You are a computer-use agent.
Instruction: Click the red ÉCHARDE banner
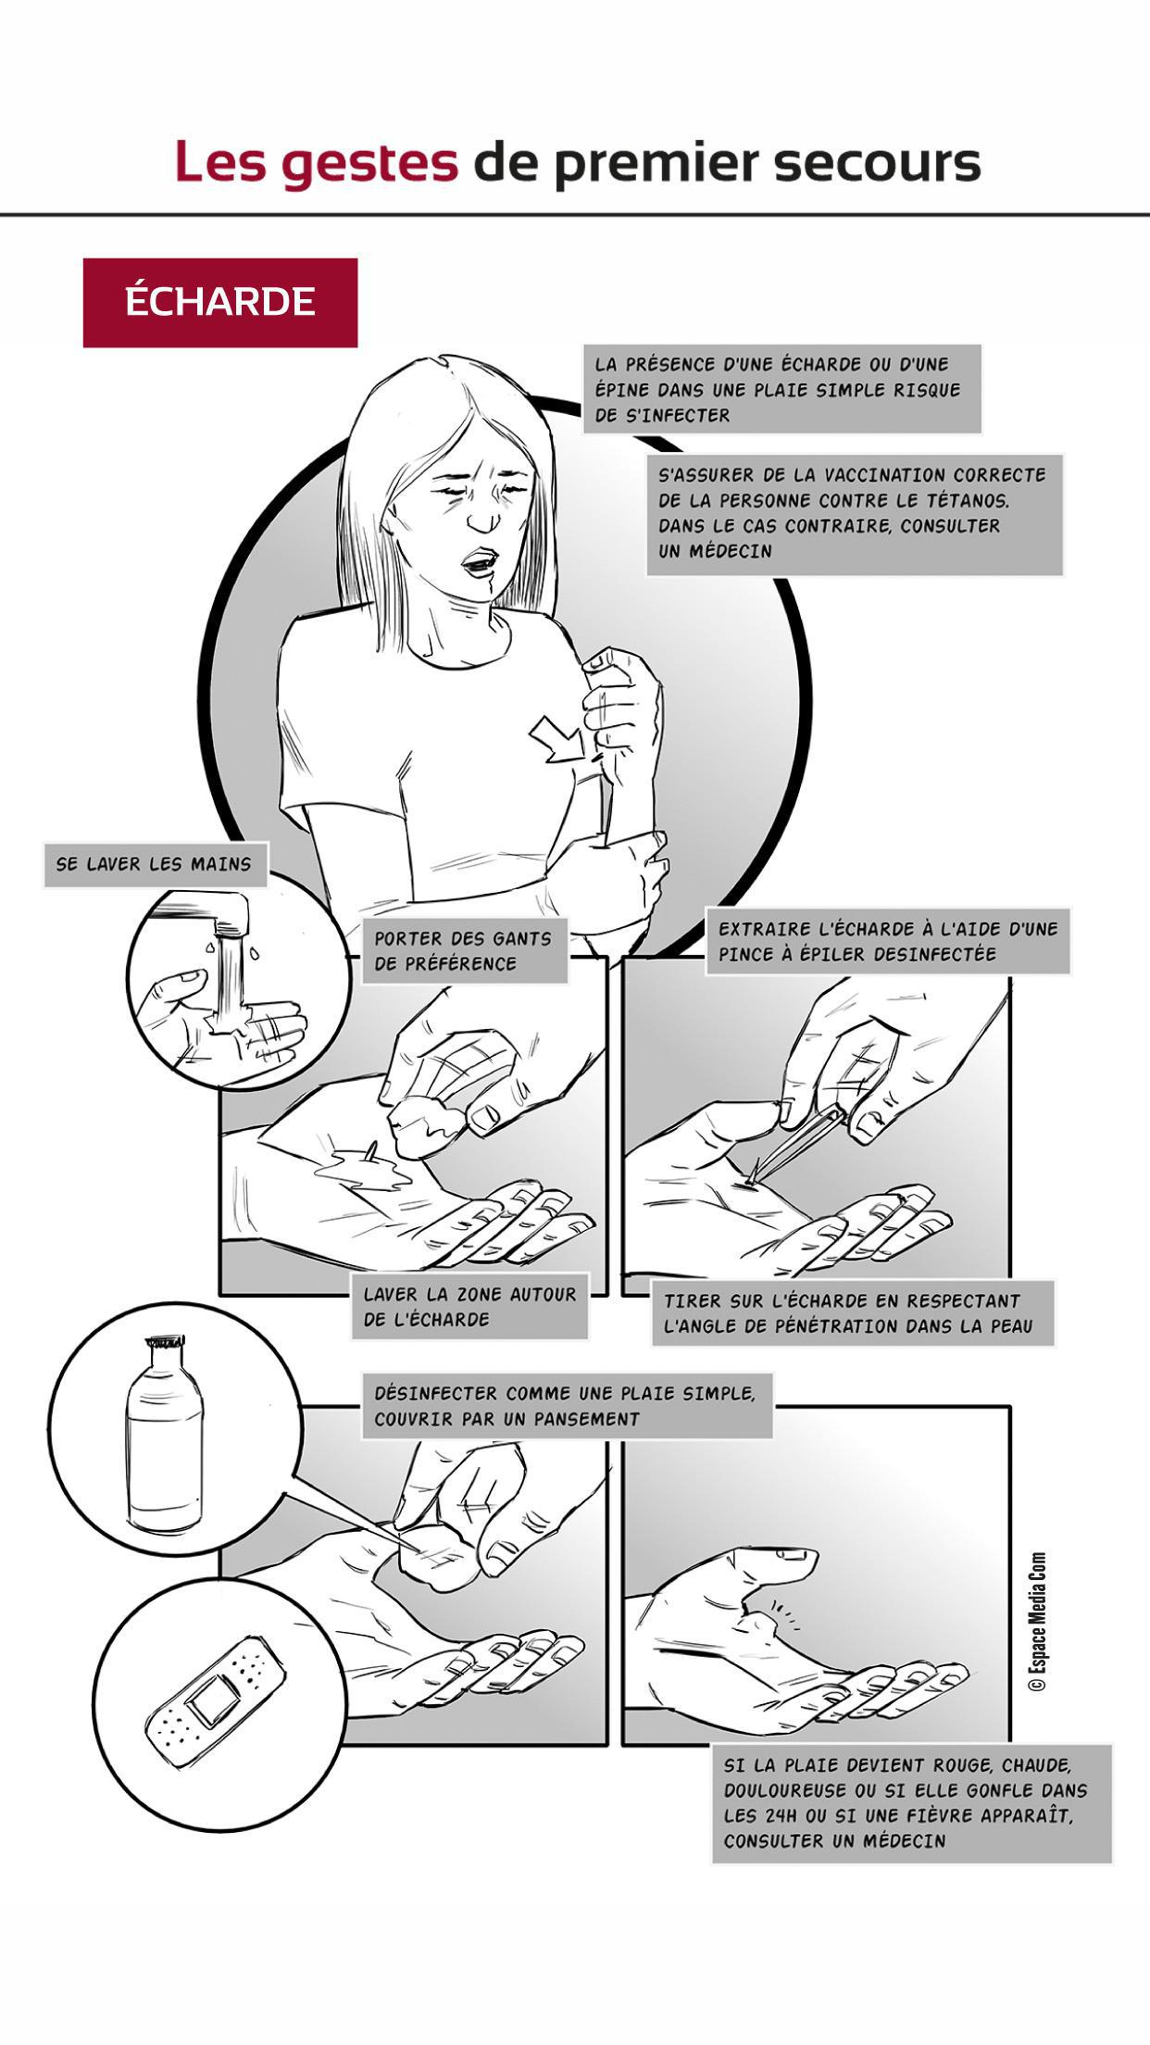click(220, 303)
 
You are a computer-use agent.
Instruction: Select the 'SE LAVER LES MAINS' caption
click(155, 864)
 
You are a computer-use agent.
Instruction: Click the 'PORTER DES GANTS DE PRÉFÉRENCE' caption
click(463, 951)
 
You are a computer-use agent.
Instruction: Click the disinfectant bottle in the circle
click(163, 1432)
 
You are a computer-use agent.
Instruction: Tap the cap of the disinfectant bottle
click(164, 1344)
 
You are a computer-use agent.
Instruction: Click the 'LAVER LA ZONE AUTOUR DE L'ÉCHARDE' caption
click(469, 1307)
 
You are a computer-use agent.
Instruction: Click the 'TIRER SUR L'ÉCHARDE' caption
click(852, 1313)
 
